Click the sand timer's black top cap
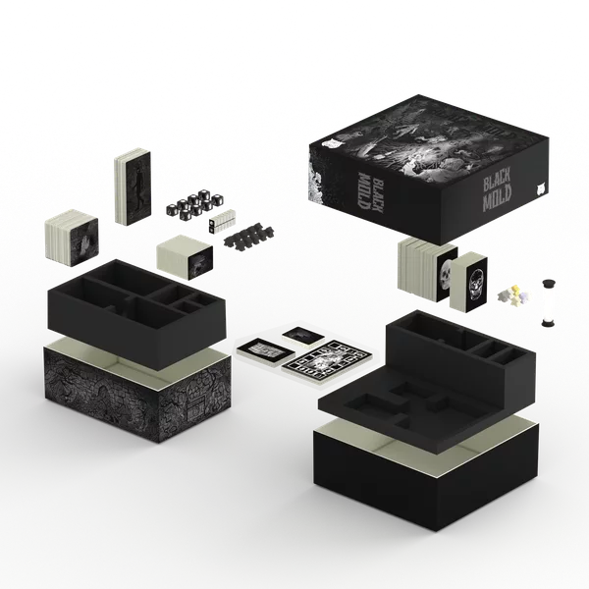pyautogui.click(x=549, y=282)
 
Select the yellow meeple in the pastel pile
pyautogui.click(x=515, y=290)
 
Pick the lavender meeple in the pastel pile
pyautogui.click(x=523, y=296)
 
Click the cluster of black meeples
pyautogui.click(x=248, y=235)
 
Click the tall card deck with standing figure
pyautogui.click(x=133, y=187)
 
